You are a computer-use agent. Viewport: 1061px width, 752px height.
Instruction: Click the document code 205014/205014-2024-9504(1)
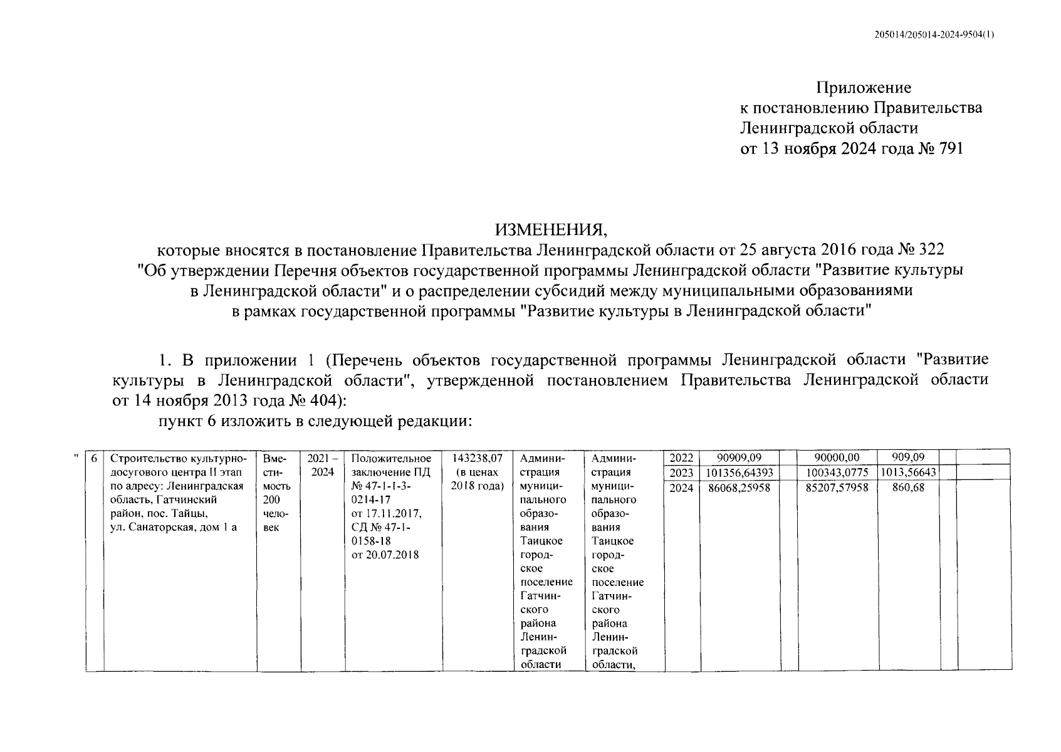coord(933,35)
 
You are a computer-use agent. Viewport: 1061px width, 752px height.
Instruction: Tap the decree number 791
coord(948,149)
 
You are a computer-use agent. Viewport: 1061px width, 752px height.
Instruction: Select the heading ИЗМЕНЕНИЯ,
coord(551,229)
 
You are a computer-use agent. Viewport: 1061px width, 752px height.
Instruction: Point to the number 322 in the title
coord(931,249)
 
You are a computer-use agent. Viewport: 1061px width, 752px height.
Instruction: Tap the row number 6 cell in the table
coord(94,458)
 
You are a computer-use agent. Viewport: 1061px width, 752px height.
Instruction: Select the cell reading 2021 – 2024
coord(323,465)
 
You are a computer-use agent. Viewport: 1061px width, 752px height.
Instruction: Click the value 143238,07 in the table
coord(478,458)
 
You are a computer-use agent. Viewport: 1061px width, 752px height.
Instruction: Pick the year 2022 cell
coord(681,458)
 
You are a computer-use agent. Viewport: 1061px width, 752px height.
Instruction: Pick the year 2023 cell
coord(681,473)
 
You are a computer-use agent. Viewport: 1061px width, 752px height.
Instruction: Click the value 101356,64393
coord(740,473)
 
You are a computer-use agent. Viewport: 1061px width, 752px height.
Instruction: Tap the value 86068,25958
coord(740,487)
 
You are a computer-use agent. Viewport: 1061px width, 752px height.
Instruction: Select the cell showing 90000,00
coord(837,458)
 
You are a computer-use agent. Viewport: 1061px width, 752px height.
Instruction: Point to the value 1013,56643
coord(908,473)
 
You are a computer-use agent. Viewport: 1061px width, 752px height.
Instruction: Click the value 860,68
coord(908,487)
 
